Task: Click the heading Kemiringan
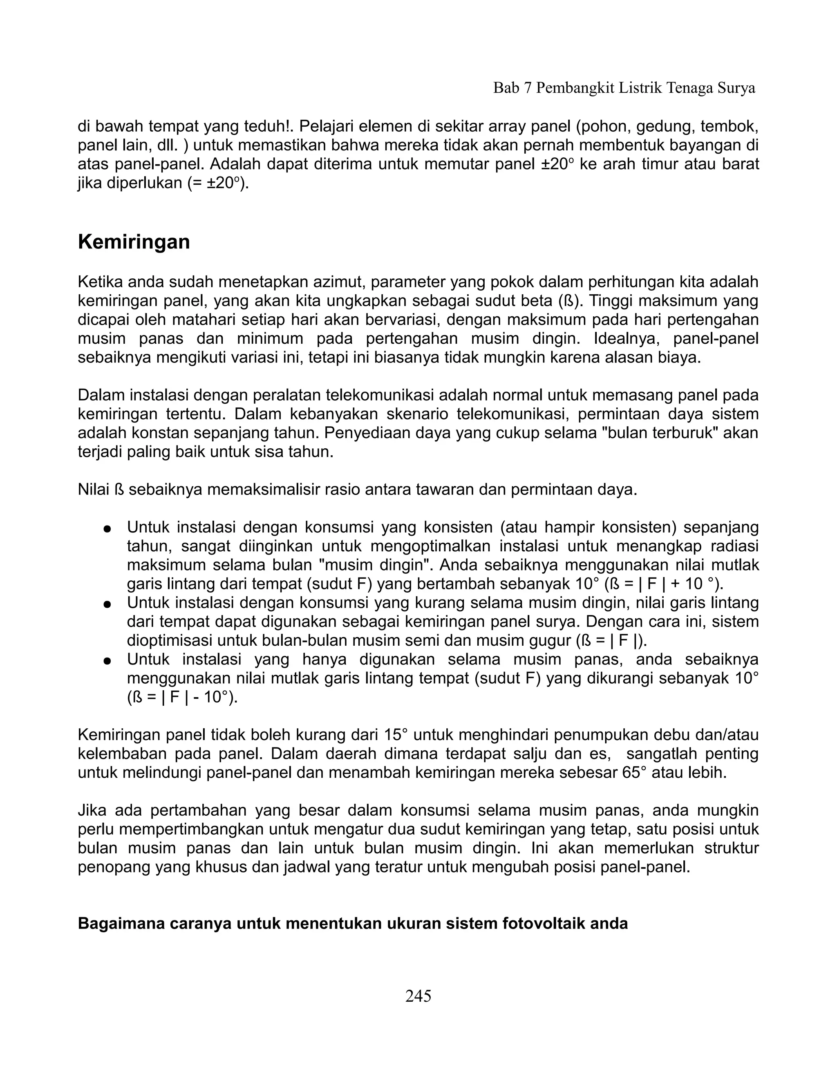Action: click(134, 242)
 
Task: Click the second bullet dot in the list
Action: click(106, 604)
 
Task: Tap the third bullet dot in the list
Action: click(106, 661)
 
